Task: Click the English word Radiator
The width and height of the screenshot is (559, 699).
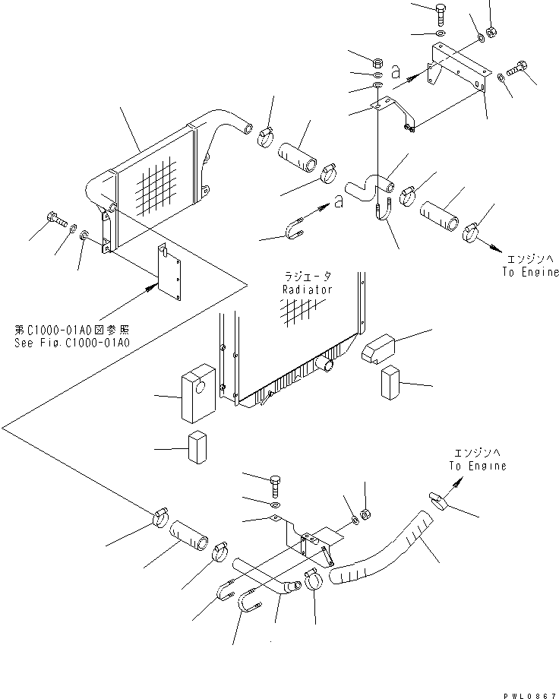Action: (308, 289)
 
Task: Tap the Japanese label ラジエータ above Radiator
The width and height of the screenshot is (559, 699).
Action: (308, 277)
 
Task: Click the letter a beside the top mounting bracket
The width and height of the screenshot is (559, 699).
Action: (395, 72)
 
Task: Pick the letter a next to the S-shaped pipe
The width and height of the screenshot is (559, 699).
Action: (338, 202)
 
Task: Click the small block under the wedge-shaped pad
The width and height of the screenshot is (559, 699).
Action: (390, 381)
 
